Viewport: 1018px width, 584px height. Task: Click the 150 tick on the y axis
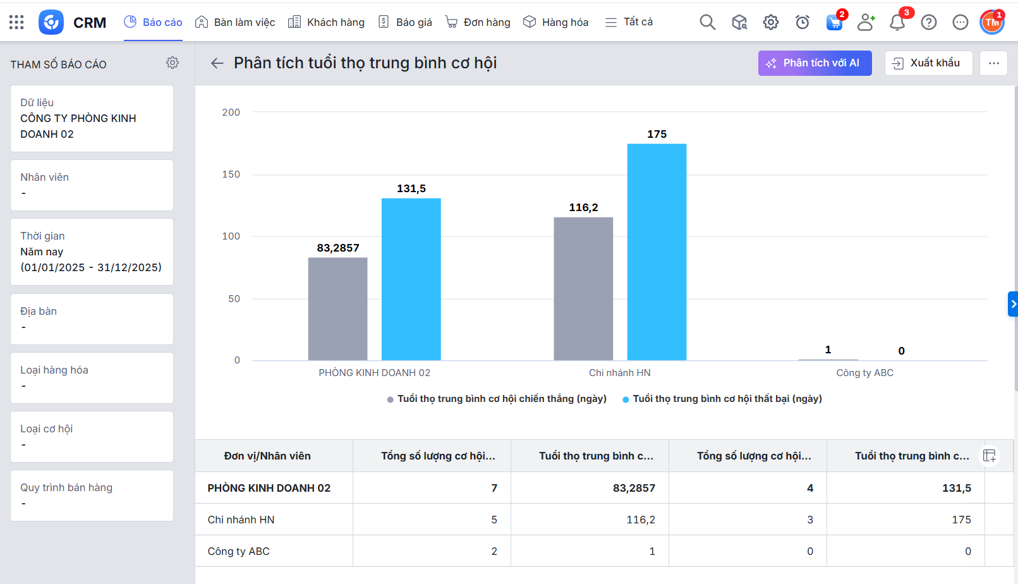coord(231,174)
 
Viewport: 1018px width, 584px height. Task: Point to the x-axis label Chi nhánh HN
coord(619,373)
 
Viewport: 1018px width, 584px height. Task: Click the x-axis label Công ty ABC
coord(864,373)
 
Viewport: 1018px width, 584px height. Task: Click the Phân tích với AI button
coord(815,63)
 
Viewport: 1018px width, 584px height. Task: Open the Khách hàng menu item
coord(327,22)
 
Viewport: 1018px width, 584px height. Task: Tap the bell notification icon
coord(897,23)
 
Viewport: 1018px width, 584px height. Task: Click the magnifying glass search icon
coord(707,23)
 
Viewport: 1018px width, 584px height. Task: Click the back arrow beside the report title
coord(217,63)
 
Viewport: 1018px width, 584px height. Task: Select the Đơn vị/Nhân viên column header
coord(267,456)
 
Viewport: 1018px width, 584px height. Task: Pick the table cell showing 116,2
coord(640,520)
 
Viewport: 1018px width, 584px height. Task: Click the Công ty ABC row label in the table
coord(239,551)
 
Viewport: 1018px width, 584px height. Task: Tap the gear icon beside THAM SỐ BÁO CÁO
coord(173,63)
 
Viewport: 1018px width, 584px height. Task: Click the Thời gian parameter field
coord(92,252)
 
